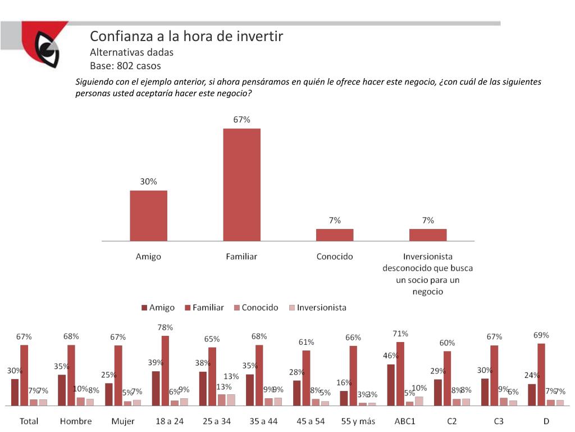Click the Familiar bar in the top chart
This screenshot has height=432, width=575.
pyautogui.click(x=241, y=184)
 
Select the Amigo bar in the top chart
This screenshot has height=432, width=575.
pyautogui.click(x=148, y=215)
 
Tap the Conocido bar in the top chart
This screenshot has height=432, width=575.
pyautogui.click(x=335, y=235)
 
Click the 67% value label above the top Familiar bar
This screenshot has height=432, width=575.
pyautogui.click(x=241, y=120)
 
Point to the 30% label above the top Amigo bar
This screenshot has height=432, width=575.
pyautogui.click(x=148, y=182)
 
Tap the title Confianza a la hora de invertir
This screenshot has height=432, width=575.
pyautogui.click(x=186, y=37)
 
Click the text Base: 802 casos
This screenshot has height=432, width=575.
pyautogui.click(x=125, y=66)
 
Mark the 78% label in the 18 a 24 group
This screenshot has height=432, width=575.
pyautogui.click(x=165, y=327)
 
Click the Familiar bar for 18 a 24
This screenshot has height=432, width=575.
pyautogui.click(x=165, y=370)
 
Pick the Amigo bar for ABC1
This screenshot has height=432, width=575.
pyautogui.click(x=391, y=385)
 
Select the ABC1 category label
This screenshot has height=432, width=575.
pyautogui.click(x=405, y=421)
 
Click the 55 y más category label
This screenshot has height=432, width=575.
pyautogui.click(x=358, y=421)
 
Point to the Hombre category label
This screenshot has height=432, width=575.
pyautogui.click(x=76, y=421)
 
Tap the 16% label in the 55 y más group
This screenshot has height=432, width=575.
pyautogui.click(x=344, y=382)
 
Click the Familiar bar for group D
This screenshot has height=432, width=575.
pyautogui.click(x=541, y=374)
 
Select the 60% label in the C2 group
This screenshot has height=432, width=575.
pyautogui.click(x=447, y=343)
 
